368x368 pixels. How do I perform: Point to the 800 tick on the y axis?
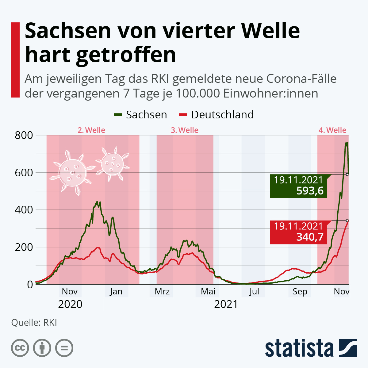pos(24,135)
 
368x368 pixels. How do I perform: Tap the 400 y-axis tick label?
pos(24,210)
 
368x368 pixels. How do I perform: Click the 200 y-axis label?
pos(24,247)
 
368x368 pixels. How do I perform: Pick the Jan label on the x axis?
pos(116,291)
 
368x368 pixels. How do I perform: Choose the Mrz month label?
pos(162,291)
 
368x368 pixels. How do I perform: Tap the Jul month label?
pos(254,291)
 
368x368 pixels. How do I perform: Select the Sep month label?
pos(300,291)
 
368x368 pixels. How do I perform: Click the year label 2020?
pos(70,304)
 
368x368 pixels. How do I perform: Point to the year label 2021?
pos(226,304)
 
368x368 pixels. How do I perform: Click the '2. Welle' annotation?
pos(91,130)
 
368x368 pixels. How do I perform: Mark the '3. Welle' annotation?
pos(185,130)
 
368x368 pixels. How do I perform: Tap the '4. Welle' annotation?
pos(332,130)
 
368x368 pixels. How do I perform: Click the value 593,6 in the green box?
pos(310,191)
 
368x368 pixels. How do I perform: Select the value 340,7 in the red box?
pos(310,237)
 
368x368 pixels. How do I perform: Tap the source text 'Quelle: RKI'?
pos(34,323)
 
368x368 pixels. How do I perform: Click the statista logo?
pos(311,348)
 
